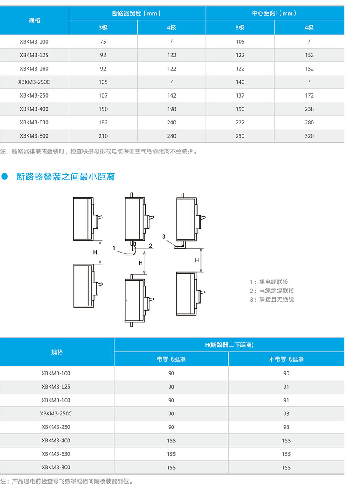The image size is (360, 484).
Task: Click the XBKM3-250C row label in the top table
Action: tap(34, 82)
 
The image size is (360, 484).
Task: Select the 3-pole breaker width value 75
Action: tap(103, 42)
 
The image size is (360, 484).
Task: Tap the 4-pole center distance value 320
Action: tap(309, 136)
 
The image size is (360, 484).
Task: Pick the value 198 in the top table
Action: tap(171, 109)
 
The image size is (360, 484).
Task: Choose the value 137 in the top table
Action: tap(240, 95)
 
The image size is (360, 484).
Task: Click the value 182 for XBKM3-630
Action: tap(103, 122)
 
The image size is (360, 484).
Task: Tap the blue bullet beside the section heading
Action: tap(5, 177)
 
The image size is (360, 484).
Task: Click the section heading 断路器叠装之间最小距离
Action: tap(66, 177)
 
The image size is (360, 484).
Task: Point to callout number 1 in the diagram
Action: tap(114, 248)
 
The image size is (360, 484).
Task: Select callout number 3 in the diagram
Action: tap(164, 237)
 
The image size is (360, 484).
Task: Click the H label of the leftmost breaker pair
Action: tap(95, 252)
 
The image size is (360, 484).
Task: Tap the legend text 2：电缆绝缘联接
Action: tap(272, 291)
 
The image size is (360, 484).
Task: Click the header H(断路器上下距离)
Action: tap(229, 345)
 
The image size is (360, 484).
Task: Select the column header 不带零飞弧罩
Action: tap(286, 360)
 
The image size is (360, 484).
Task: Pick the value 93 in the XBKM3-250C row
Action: tap(286, 414)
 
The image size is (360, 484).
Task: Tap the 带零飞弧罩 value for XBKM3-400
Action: tap(171, 441)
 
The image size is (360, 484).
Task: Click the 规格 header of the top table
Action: tap(34, 20)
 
